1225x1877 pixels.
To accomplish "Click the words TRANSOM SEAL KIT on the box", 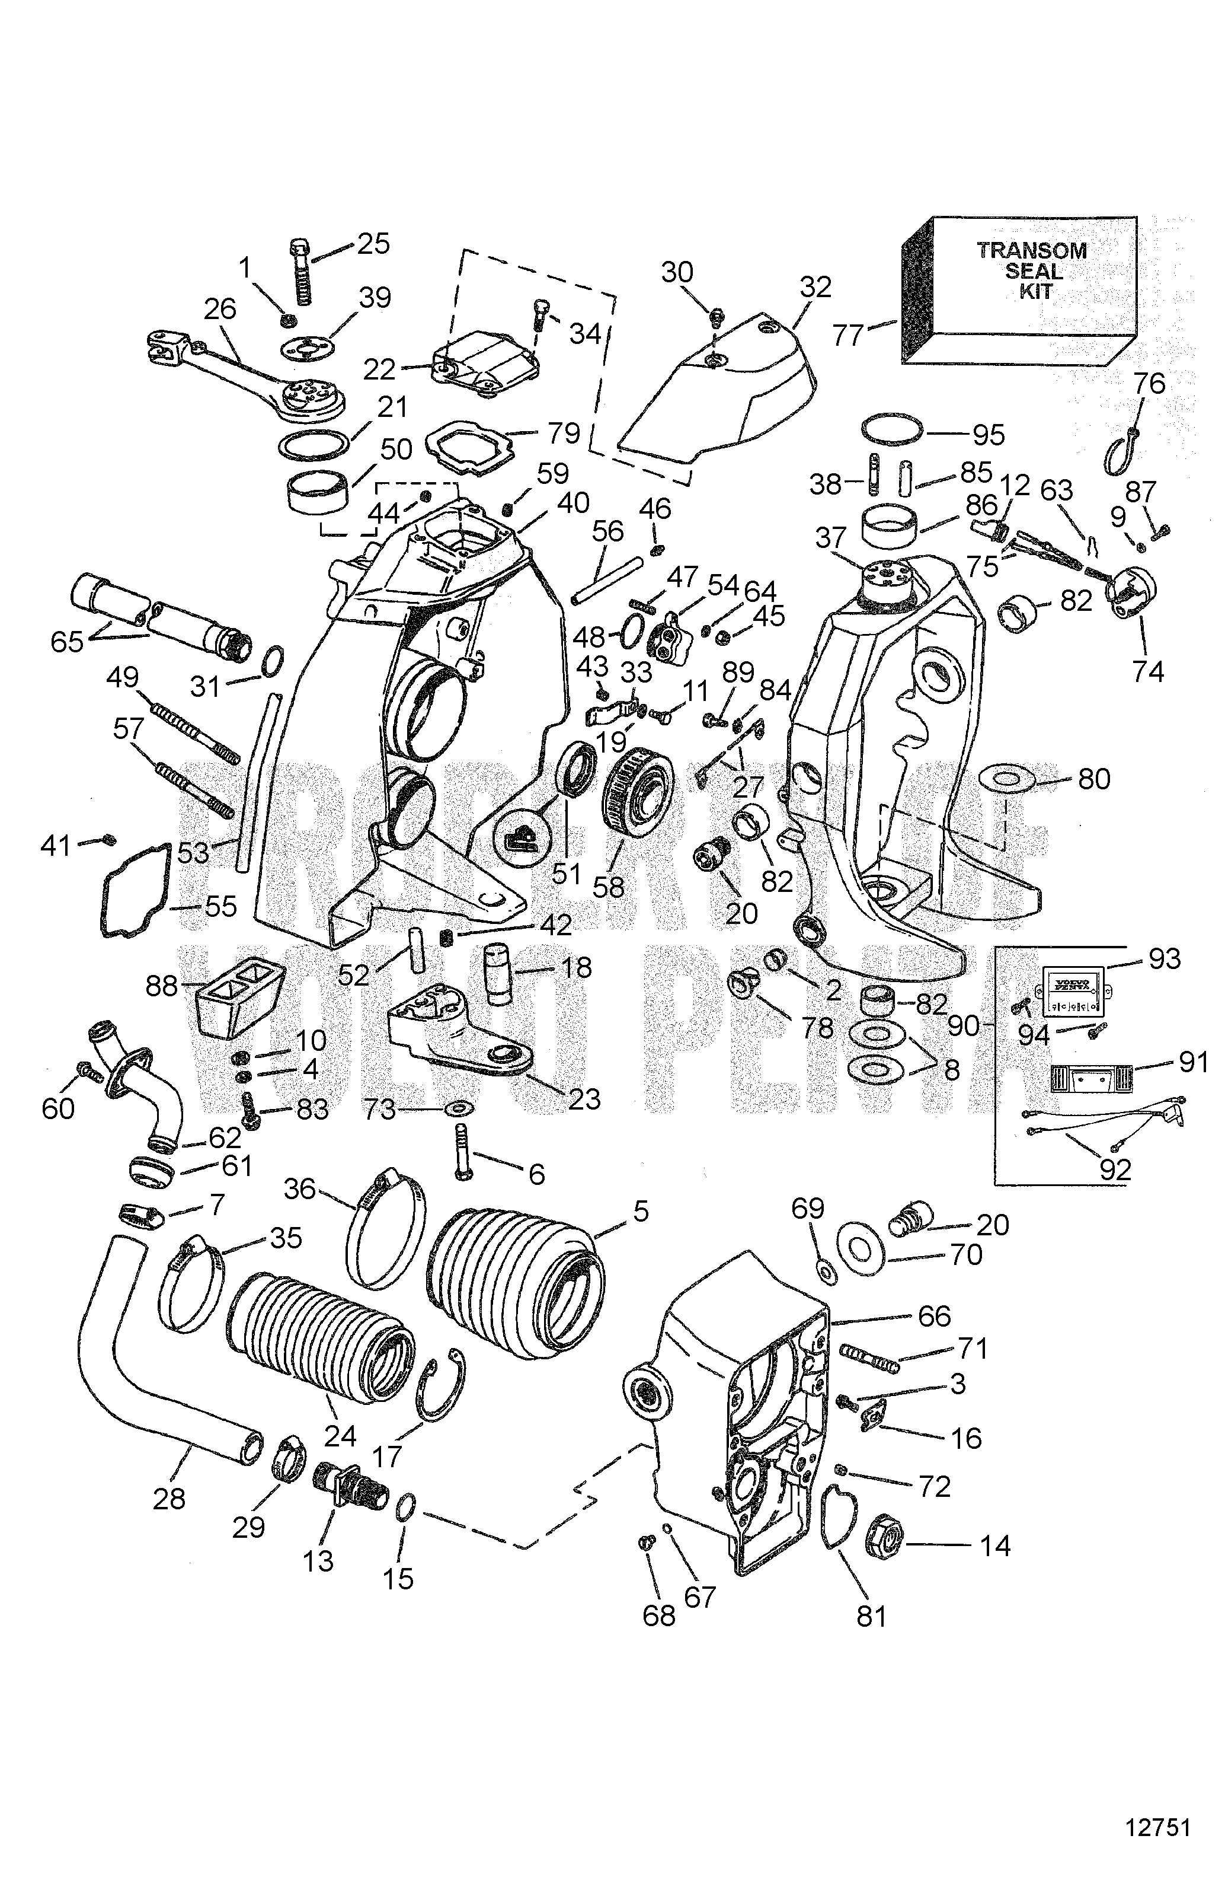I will tap(1032, 270).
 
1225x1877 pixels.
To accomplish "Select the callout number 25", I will tap(373, 244).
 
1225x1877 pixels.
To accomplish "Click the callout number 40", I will tap(573, 502).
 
